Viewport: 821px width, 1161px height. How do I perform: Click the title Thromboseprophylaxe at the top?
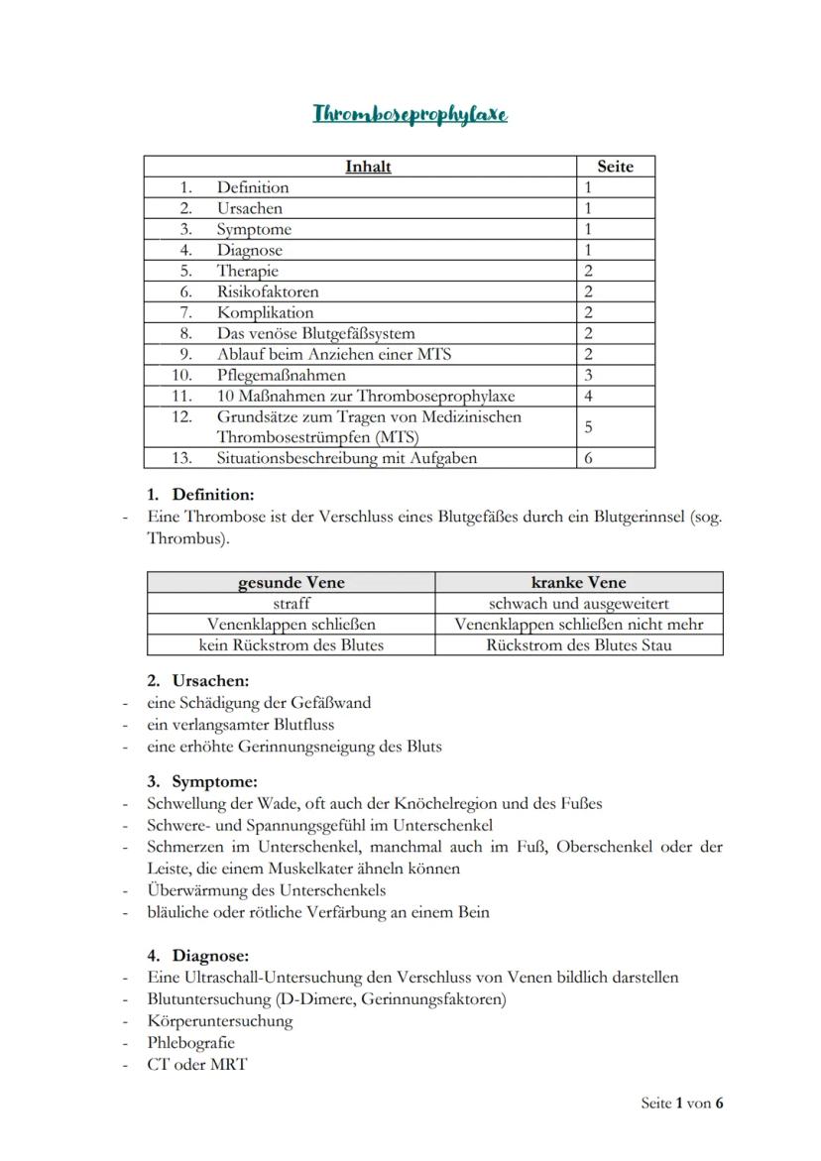point(410,114)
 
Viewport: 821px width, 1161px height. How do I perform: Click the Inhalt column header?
point(367,167)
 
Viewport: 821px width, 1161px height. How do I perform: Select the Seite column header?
point(615,167)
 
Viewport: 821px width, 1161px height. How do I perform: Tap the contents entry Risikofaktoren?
point(268,291)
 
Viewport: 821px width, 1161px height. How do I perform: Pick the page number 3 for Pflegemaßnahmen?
point(588,375)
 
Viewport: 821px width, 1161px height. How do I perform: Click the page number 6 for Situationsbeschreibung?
point(588,458)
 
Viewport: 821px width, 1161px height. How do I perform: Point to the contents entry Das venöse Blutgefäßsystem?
point(315,333)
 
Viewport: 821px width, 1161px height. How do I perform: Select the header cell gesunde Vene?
point(291,582)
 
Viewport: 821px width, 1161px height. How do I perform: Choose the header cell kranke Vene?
point(579,582)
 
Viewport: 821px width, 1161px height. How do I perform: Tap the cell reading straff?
point(291,603)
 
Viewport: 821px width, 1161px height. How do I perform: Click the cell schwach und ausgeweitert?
point(579,603)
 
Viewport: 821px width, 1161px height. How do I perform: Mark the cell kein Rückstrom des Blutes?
point(291,644)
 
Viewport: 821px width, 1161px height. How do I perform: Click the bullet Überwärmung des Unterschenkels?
point(266,890)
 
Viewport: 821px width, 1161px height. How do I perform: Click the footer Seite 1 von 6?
point(682,1103)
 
